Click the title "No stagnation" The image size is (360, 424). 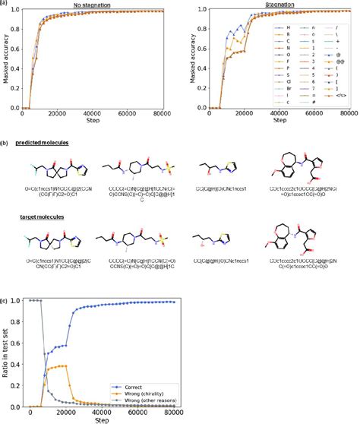(90, 5)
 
